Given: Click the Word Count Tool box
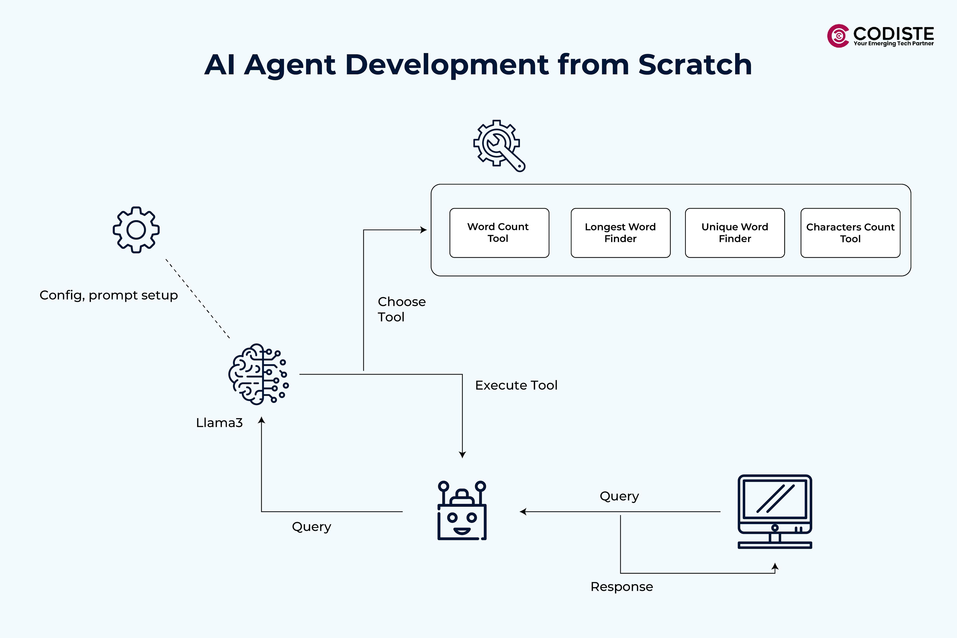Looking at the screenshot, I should tap(499, 233).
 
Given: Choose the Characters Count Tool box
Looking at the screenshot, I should tap(850, 233).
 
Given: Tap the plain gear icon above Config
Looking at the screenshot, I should tap(136, 230).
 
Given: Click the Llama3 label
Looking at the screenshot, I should tap(219, 423).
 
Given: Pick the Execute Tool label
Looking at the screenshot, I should tap(516, 385).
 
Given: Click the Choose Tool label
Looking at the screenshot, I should tap(401, 309).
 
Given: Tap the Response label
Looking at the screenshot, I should tap(621, 587).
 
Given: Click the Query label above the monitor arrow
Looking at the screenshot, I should tap(619, 496).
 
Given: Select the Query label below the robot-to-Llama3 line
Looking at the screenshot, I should tap(311, 527).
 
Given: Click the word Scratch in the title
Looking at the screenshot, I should tap(695, 65).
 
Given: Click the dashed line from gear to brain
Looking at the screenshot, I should tap(197, 299).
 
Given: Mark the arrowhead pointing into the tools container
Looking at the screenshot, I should tap(424, 230).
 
